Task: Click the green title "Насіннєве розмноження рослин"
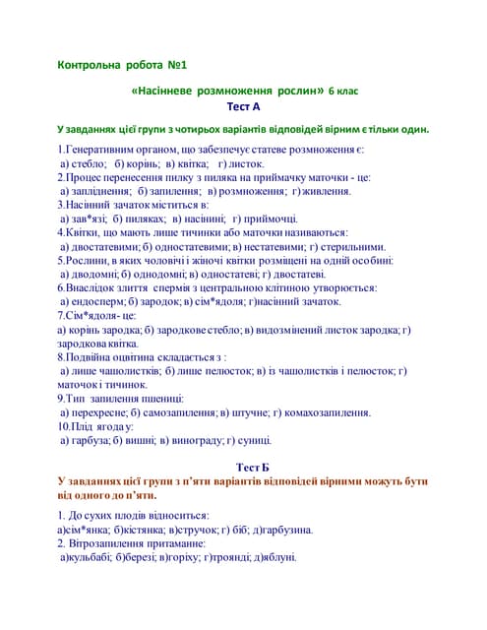(228, 91)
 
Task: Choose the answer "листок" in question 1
(247, 163)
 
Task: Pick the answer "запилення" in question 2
(174, 191)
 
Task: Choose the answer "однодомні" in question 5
(157, 274)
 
